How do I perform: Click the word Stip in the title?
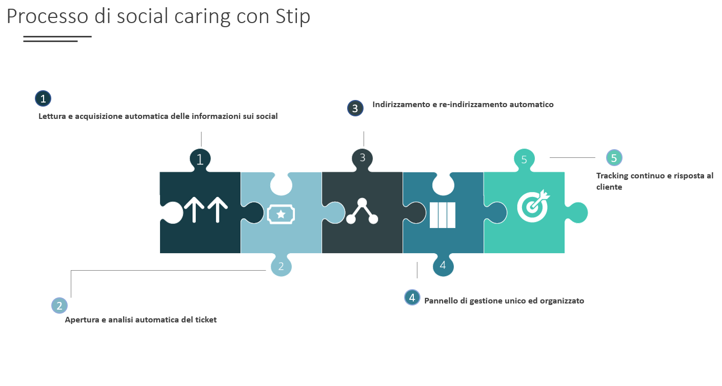[293, 16]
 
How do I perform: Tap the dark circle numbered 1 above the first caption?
[43, 98]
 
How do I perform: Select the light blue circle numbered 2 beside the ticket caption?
[59, 306]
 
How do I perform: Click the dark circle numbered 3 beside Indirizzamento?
[355, 108]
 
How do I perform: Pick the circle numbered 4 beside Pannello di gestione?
[412, 297]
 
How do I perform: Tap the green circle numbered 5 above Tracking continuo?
[614, 158]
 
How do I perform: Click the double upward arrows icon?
[206, 210]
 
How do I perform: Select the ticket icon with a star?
[280, 214]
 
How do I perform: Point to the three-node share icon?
[362, 211]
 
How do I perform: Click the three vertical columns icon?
[443, 215]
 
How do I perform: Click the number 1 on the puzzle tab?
[200, 159]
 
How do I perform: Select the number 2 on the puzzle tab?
[281, 267]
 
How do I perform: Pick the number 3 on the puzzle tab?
[363, 157]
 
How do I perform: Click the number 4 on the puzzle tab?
[443, 265]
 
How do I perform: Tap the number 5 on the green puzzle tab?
[524, 159]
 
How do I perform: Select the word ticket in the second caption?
[206, 320]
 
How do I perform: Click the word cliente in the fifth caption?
[609, 187]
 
